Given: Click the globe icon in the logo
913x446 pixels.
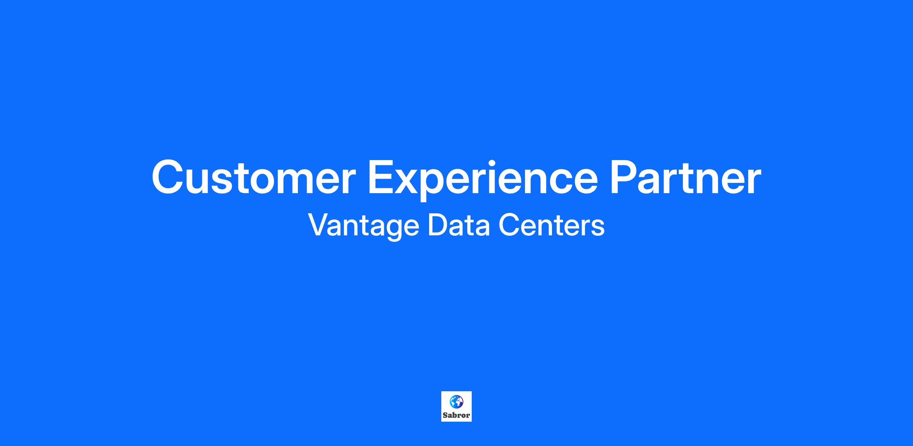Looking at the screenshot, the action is point(456,401).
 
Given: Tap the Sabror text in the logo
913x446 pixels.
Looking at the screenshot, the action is point(456,415).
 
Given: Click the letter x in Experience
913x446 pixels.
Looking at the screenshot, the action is point(411,183).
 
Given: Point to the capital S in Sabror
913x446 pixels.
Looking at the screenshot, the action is point(445,415).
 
